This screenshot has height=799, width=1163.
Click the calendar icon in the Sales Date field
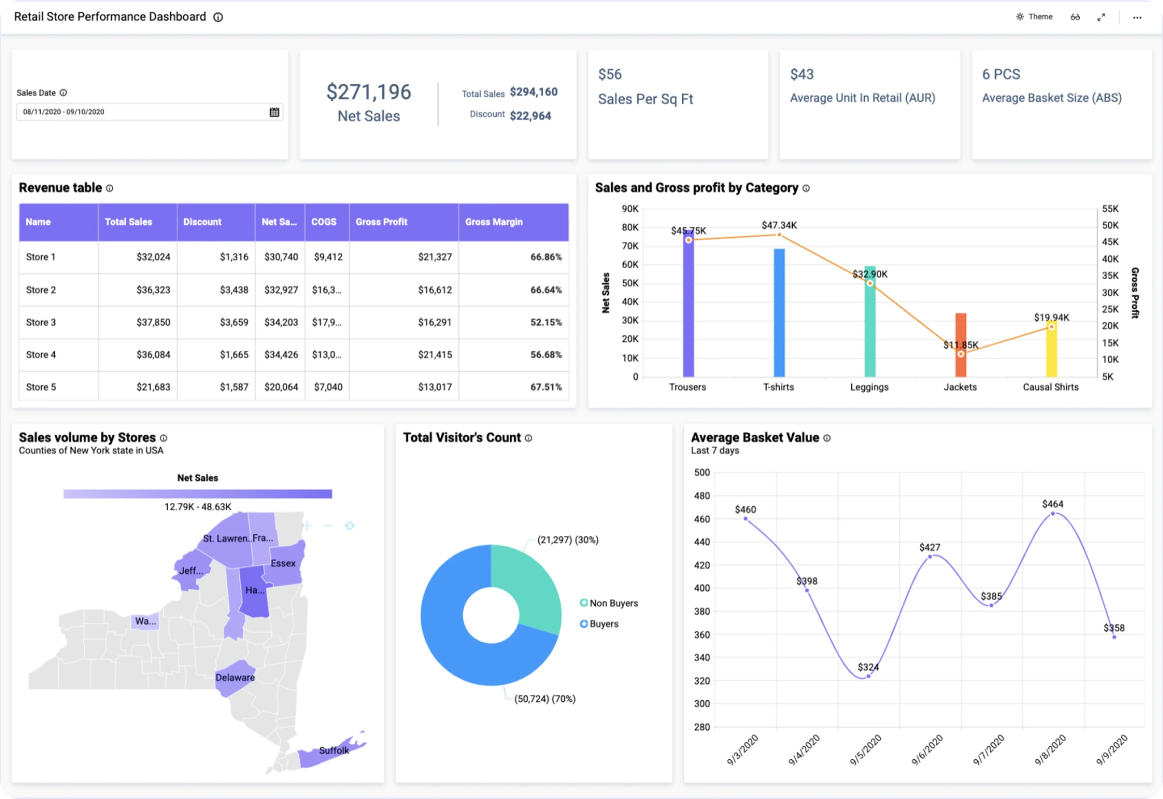pos(274,112)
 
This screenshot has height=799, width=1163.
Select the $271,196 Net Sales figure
pos(368,92)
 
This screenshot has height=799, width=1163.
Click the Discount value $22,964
pos(530,116)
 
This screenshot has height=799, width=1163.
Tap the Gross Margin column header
pos(493,222)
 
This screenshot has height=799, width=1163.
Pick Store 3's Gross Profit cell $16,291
pos(434,322)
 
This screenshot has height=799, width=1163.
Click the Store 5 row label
pos(41,387)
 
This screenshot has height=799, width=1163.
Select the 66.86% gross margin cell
pos(546,257)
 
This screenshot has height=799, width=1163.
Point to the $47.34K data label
pos(779,225)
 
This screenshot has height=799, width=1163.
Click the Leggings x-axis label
pos(869,387)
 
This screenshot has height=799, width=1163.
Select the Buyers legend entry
pos(603,624)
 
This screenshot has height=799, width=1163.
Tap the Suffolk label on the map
pos(334,751)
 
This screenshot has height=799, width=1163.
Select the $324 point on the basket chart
pos(868,676)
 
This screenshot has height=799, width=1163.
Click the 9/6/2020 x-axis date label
pos(927,750)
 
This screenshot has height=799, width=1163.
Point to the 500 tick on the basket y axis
pos(702,473)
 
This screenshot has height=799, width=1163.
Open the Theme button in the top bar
pos(1034,17)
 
